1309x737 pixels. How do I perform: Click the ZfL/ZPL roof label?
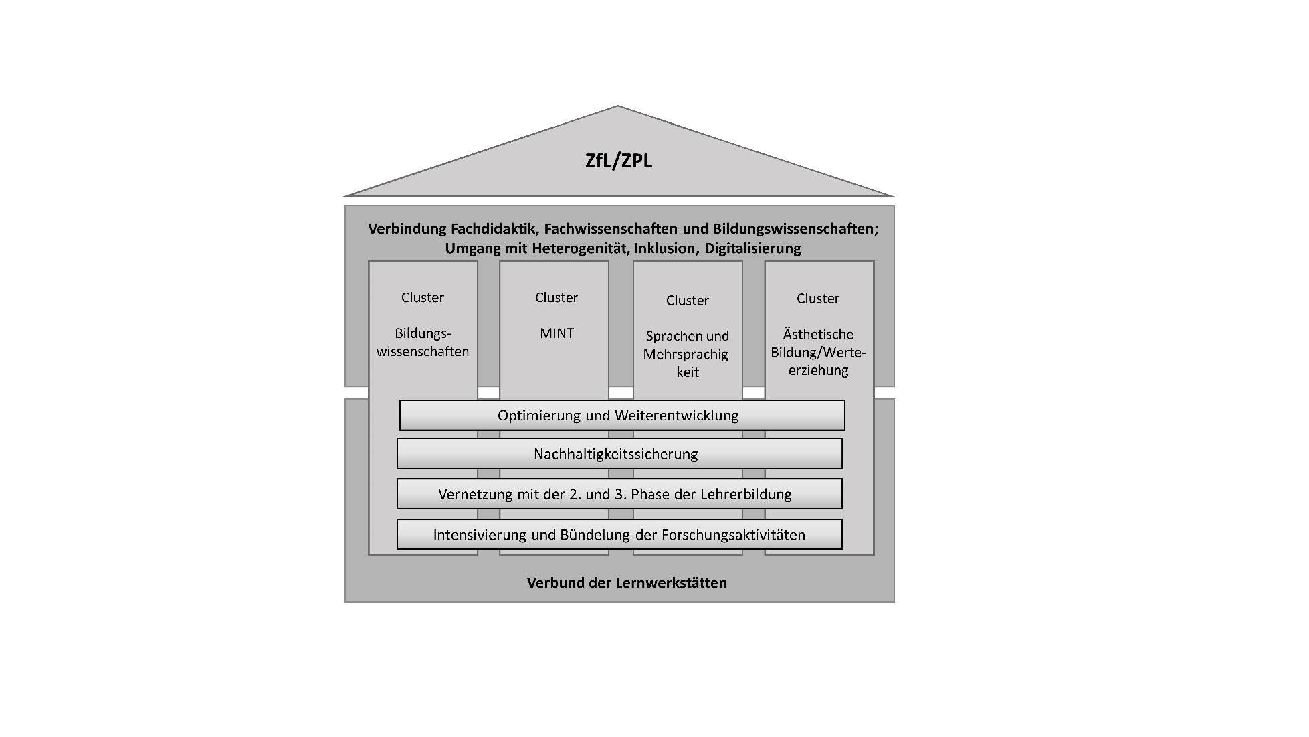[619, 161]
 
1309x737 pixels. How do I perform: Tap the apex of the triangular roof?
[617, 106]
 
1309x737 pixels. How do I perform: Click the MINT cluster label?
[557, 333]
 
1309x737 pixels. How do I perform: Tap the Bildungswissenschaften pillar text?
[423, 342]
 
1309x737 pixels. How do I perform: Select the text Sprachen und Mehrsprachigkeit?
[688, 353]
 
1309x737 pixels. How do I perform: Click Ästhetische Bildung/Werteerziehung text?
[818, 352]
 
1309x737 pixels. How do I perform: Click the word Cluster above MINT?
[557, 297]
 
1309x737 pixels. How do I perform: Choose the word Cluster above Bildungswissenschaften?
[423, 297]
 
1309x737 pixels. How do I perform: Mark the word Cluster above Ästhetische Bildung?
[818, 298]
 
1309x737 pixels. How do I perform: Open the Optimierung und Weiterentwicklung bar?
[622, 415]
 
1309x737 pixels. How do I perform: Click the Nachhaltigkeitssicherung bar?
[619, 454]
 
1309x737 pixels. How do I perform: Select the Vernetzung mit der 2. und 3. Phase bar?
[619, 494]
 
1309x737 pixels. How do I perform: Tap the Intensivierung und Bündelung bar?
[619, 534]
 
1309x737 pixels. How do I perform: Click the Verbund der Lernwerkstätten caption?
[627, 582]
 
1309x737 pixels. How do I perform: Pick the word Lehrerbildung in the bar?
[746, 494]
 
